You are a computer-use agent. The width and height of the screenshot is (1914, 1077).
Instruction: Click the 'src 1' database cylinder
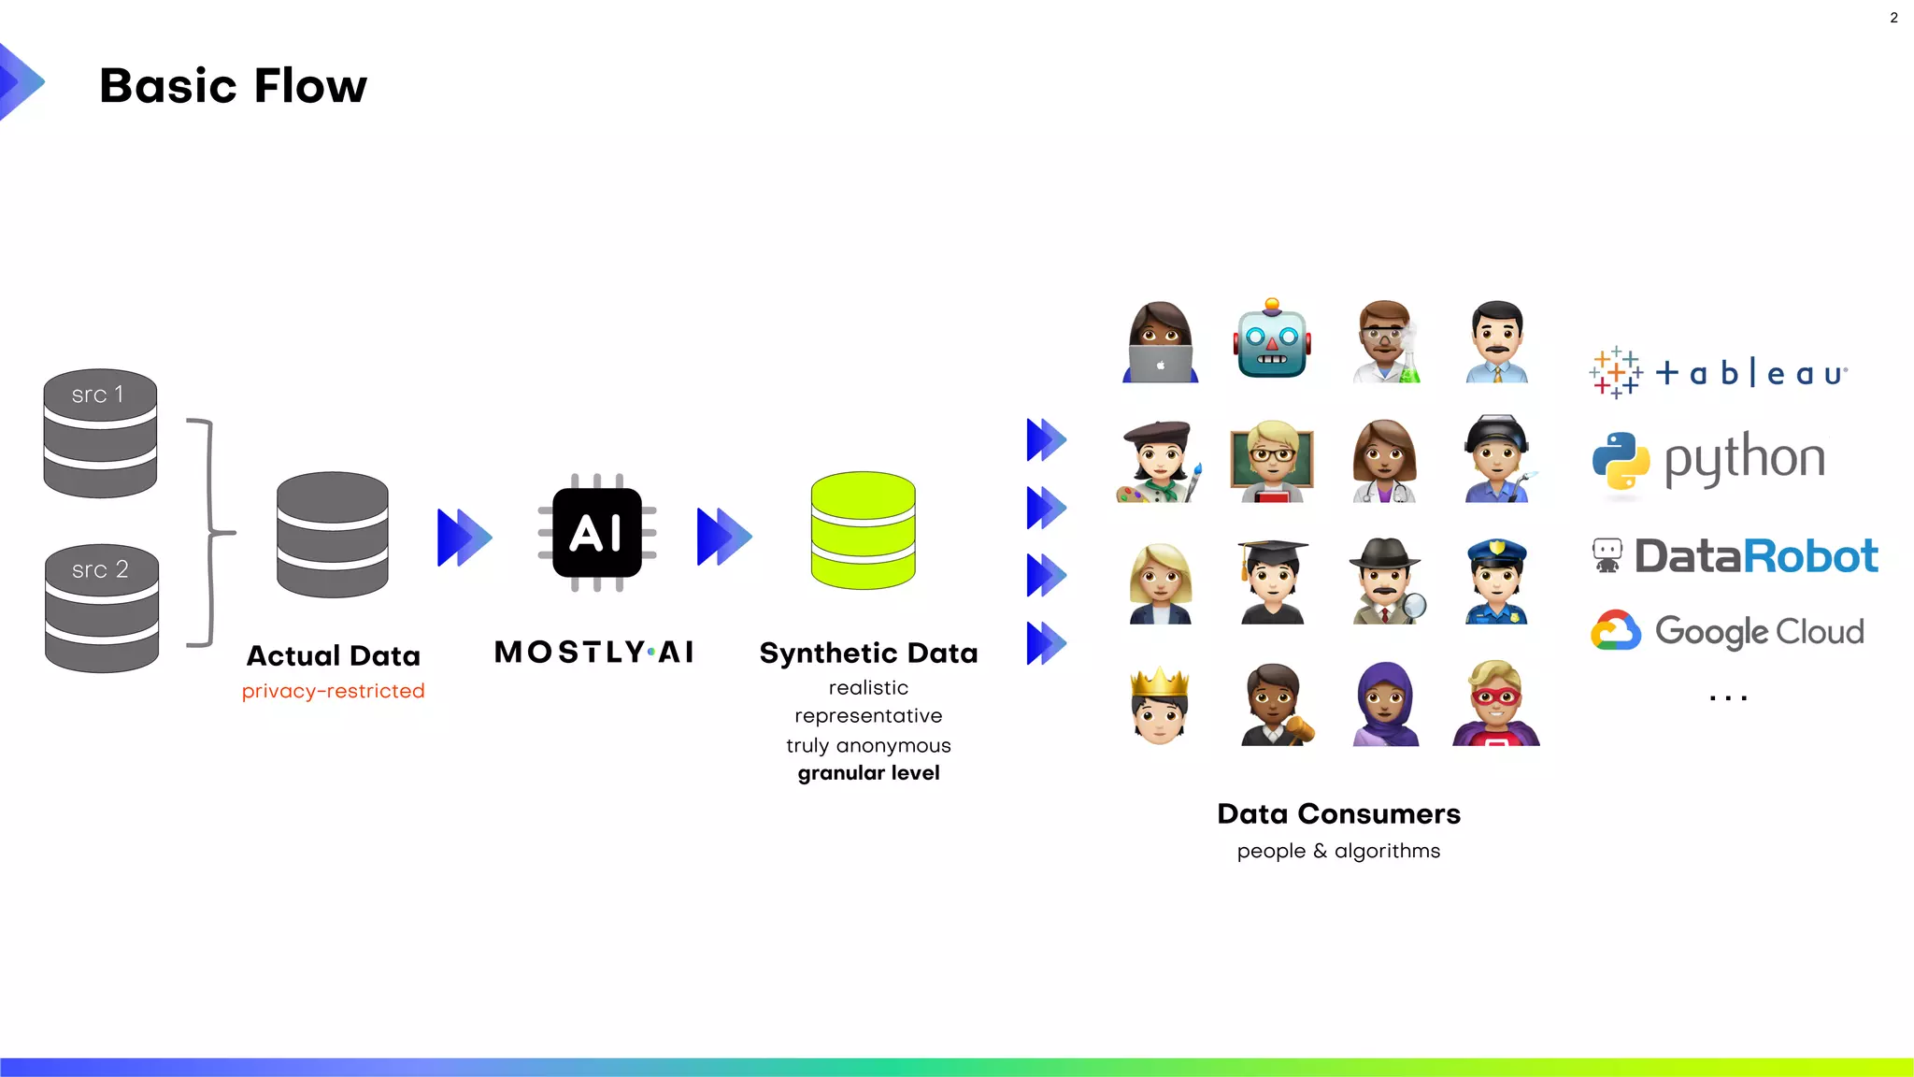point(100,433)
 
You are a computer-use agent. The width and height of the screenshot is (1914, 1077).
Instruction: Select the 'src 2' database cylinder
point(101,608)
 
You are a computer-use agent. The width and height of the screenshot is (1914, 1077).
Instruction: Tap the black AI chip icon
point(597,533)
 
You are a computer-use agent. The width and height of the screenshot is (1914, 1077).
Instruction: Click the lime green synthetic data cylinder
point(863,530)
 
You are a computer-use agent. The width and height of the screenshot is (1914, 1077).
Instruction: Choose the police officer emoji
point(1496,582)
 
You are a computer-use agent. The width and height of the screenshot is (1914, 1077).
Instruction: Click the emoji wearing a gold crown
point(1160,705)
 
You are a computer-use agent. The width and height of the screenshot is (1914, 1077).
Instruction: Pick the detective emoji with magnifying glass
point(1387,582)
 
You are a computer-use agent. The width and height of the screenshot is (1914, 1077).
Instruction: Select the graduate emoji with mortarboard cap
point(1272,582)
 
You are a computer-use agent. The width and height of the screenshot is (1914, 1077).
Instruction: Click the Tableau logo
point(1718,373)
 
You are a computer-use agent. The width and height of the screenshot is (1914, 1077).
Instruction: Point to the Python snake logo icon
point(1621,460)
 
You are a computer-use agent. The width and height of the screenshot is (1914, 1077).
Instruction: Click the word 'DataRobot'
point(1755,556)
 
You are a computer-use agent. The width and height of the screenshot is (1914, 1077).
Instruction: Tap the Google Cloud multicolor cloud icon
point(1616,631)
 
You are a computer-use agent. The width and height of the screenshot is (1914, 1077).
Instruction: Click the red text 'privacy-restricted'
point(333,691)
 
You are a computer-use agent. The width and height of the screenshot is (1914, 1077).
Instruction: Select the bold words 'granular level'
point(868,773)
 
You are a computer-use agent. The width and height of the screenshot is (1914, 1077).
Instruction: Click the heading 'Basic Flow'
point(234,86)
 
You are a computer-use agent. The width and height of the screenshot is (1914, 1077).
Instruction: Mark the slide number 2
point(1893,18)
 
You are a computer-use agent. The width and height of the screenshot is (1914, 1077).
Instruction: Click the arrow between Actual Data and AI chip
point(464,537)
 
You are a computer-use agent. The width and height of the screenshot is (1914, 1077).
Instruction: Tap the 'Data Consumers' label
point(1338,814)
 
